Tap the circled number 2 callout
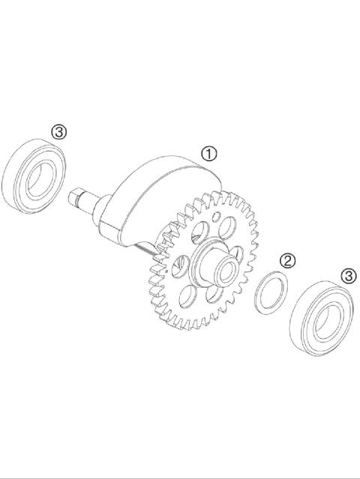[287, 261]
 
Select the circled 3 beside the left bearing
[59, 132]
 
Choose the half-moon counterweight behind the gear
[161, 187]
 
